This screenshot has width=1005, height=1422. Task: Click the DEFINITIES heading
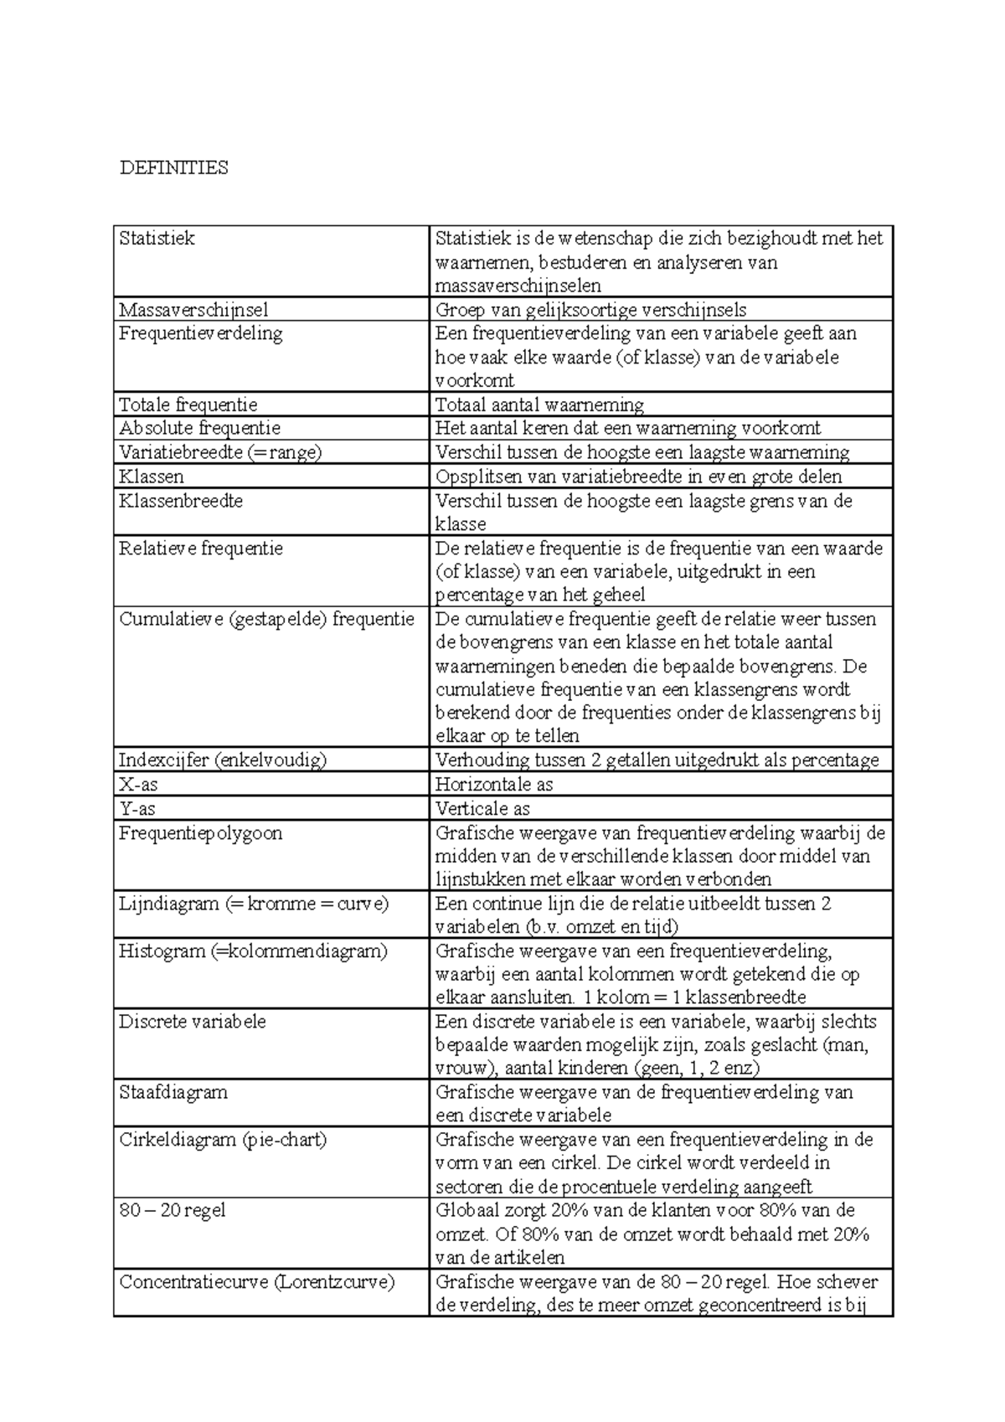(174, 168)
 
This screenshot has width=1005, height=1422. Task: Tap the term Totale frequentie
(188, 405)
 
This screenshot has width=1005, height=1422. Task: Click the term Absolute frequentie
(199, 429)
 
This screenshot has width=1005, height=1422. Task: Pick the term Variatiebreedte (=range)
(220, 453)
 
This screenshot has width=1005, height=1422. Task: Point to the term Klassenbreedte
(181, 501)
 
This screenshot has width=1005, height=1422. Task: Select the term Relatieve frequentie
(201, 549)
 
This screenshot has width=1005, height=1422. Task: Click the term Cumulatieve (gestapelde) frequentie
(266, 620)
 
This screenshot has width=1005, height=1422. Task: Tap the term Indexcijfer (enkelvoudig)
(222, 760)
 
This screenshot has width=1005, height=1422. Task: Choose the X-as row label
(139, 785)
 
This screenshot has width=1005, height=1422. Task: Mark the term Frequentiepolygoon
(201, 833)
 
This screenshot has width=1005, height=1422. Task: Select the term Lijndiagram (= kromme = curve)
(254, 904)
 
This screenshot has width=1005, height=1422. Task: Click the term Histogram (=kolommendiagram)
(253, 951)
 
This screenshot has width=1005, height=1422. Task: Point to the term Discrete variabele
(193, 1023)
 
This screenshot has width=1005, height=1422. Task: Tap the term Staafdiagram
(173, 1093)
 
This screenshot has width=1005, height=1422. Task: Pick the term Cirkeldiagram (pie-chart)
(223, 1140)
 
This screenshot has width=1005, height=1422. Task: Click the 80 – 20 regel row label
(173, 1211)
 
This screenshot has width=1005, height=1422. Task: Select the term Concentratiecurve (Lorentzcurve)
(256, 1282)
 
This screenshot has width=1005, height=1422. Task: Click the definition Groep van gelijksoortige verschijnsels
(590, 310)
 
